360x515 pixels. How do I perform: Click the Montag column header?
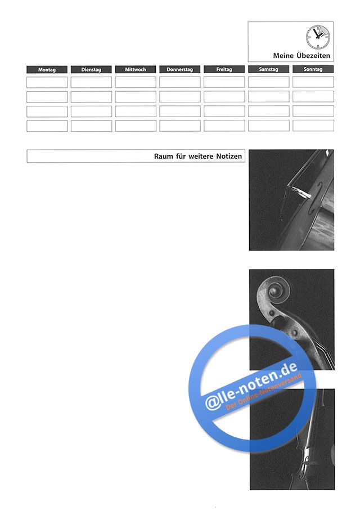point(47,70)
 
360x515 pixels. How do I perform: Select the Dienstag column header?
point(91,70)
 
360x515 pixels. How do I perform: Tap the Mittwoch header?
point(136,70)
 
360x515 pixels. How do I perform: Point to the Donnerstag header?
point(180,70)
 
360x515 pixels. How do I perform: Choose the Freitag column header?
point(224,70)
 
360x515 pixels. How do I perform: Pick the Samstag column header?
point(268,69)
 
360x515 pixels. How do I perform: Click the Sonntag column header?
point(313,69)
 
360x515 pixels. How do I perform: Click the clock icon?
point(318,37)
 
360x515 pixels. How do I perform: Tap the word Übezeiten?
point(313,56)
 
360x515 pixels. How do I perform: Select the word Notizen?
point(229,156)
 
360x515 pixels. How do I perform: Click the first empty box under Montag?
point(47,82)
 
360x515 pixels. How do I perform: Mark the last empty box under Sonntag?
point(313,126)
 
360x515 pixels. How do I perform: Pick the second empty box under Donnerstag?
point(180,97)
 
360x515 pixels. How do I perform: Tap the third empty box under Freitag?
point(224,111)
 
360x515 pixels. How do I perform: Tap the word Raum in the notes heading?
point(164,156)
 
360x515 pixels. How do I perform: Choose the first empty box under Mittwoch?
point(136,82)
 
